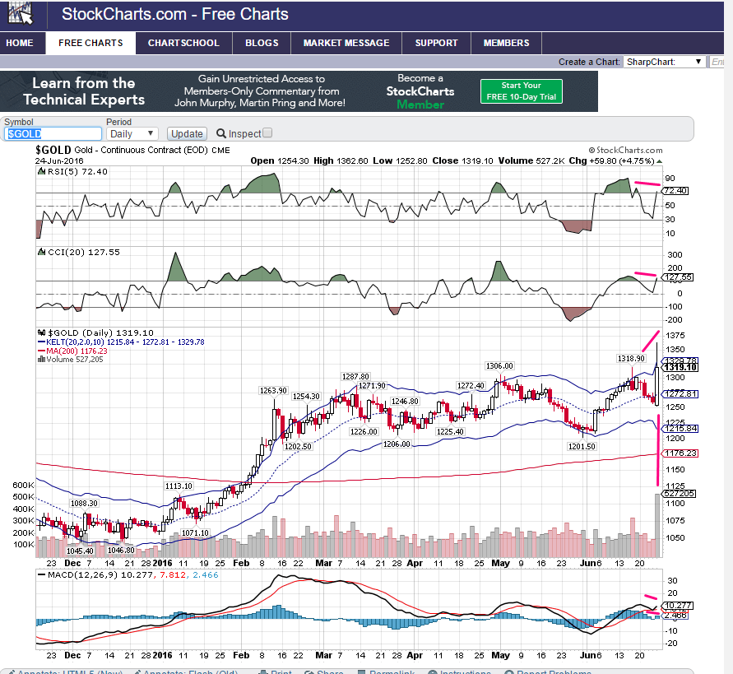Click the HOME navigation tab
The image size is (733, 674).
(20, 43)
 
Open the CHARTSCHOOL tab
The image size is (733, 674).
(183, 43)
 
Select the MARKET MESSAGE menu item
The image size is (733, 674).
(346, 43)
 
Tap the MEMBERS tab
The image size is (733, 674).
(507, 43)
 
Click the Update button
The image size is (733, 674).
(187, 133)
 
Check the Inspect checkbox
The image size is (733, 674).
(267, 133)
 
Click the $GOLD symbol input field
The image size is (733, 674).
(53, 133)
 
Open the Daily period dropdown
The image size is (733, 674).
(132, 133)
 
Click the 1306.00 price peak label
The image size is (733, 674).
(499, 365)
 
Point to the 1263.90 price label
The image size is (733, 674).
(272, 390)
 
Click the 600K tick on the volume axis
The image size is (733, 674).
(22, 486)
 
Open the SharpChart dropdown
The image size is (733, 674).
(664, 62)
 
